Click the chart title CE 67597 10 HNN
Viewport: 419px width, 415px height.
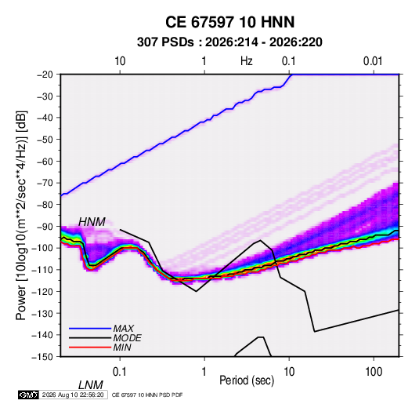(229, 22)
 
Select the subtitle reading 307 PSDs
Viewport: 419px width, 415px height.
(165, 42)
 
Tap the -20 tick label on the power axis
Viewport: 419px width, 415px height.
(45, 75)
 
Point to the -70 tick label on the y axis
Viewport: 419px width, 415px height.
(45, 183)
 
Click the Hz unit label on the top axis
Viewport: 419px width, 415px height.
(247, 61)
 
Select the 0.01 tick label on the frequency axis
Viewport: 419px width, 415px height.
(373, 61)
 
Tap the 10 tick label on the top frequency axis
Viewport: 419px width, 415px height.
(120, 61)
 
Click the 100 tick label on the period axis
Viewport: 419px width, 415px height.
(374, 372)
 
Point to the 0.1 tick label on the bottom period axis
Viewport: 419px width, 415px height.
(120, 372)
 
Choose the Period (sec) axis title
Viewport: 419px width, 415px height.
(247, 380)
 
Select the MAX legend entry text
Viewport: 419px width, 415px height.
(124, 328)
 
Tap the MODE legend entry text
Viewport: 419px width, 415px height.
(127, 338)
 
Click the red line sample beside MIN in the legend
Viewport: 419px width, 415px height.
(90, 348)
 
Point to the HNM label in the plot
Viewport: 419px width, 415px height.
(92, 222)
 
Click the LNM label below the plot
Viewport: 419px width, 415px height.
(91, 385)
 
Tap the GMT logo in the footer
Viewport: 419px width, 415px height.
(29, 395)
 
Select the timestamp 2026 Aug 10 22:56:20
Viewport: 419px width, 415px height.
(73, 395)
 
